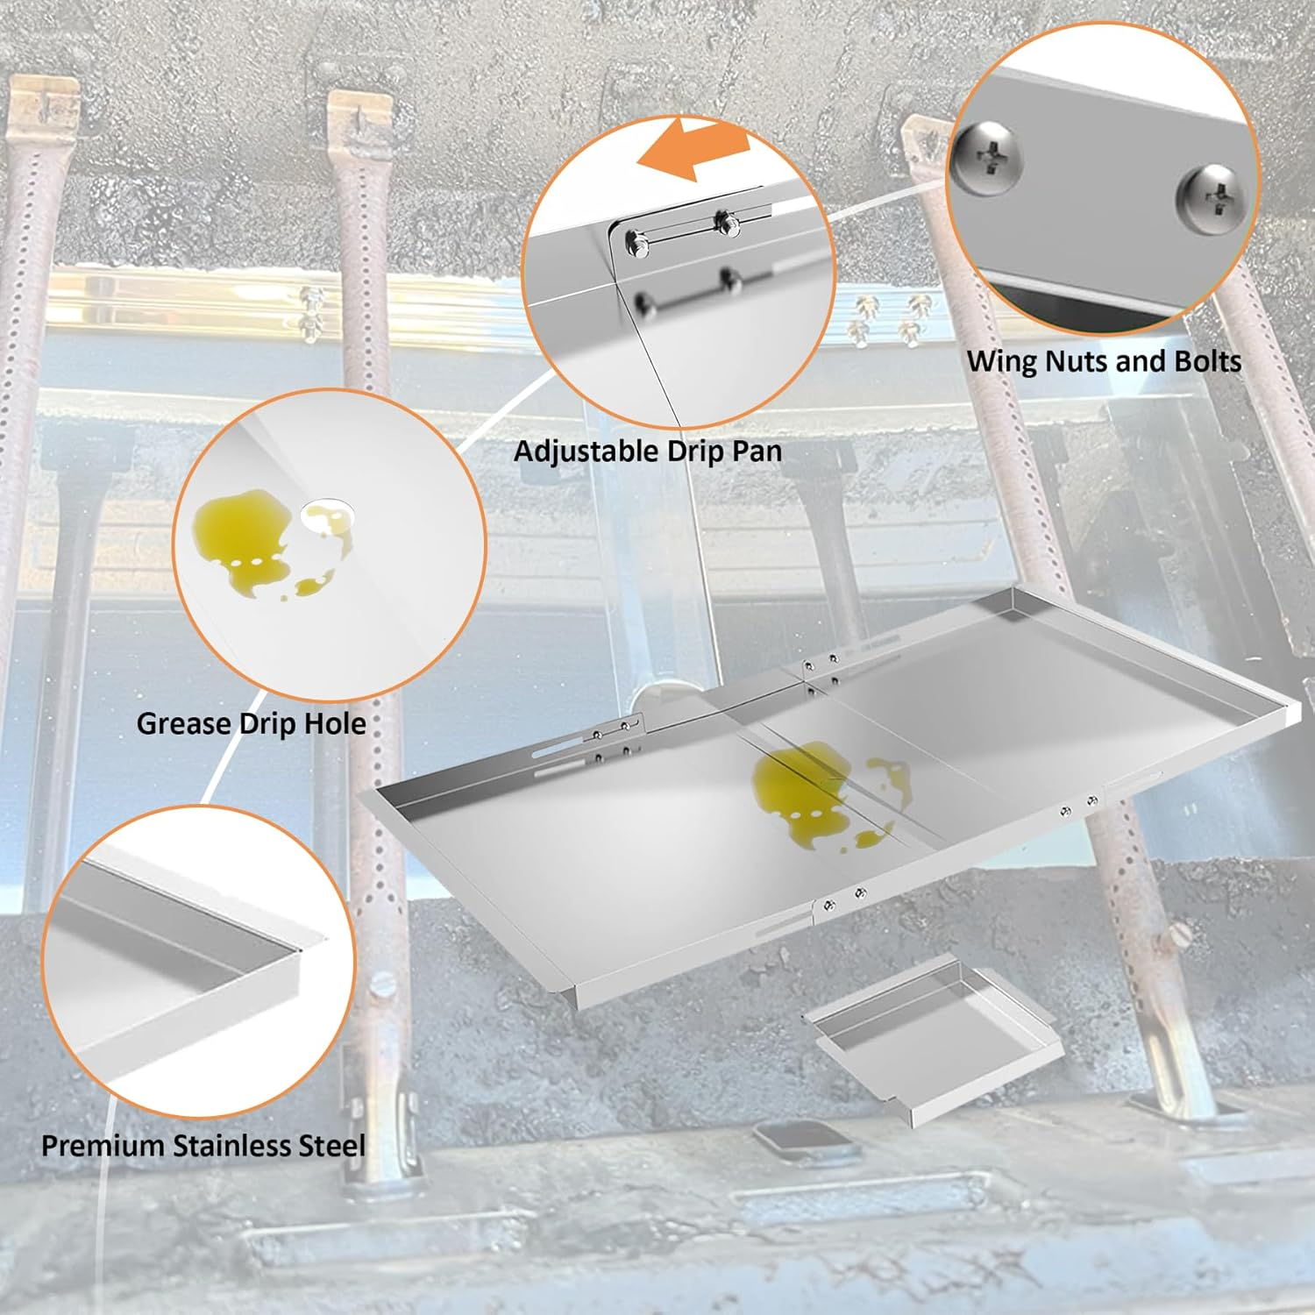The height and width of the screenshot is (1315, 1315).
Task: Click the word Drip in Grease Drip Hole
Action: pos(265,724)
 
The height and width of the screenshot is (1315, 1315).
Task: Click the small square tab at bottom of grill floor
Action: pos(785,1141)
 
